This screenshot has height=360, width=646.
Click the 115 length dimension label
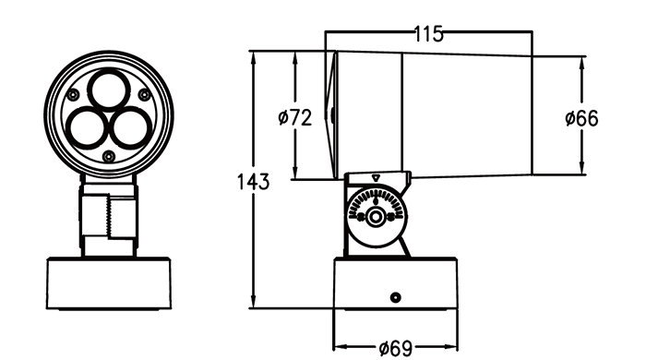428,34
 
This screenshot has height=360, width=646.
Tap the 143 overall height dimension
253,182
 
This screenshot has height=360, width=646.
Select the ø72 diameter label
295,118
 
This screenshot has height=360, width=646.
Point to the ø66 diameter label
581,119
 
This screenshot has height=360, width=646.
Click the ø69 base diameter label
396,349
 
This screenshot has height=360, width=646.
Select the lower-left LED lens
86,127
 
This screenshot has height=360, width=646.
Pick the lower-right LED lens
132,127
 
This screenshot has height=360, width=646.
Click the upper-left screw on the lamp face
73,95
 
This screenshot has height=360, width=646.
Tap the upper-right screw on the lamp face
144,95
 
